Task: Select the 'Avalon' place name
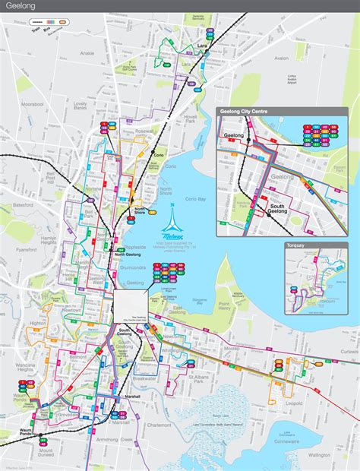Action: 281,58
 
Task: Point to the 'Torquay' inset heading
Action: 297,246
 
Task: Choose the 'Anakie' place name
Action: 87,54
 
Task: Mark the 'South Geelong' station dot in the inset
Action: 267,215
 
